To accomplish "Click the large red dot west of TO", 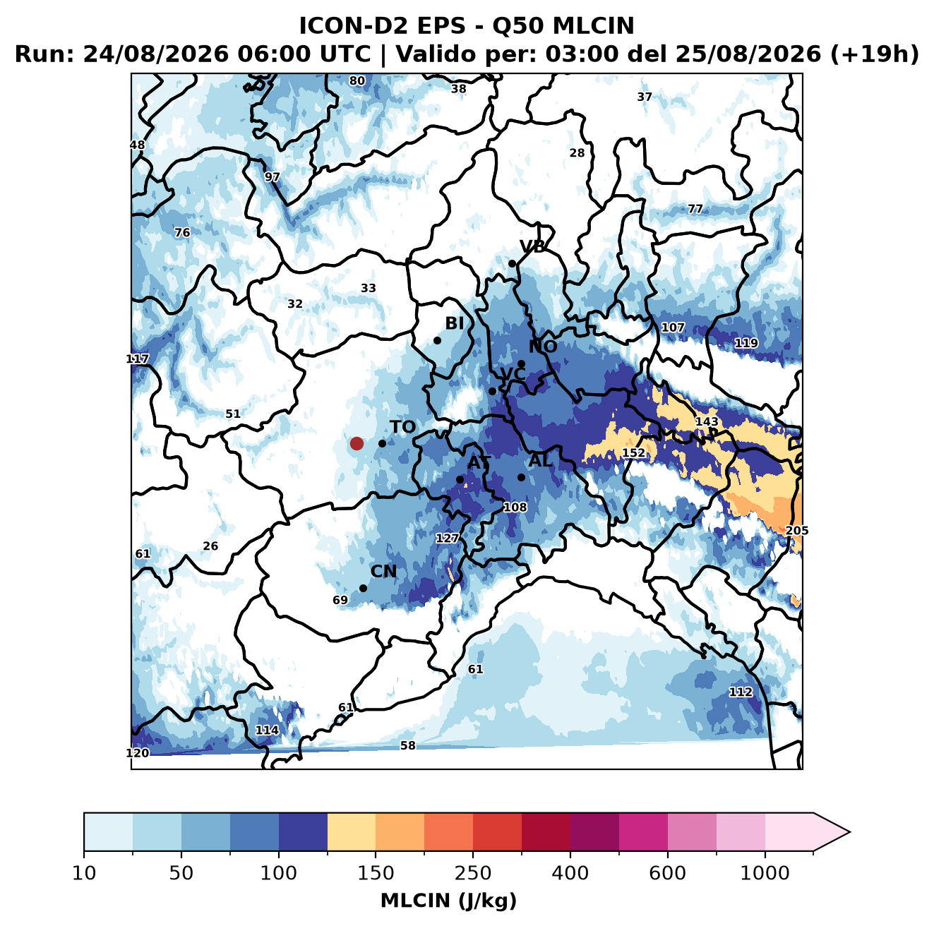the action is tap(357, 443).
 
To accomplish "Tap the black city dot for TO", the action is tap(382, 443).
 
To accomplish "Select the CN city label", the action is tap(383, 572).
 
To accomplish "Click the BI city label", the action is tap(454, 323).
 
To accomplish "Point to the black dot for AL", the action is tap(521, 477).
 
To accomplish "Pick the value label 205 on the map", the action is tap(797, 531).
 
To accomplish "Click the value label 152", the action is tap(633, 452).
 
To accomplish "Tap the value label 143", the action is tap(707, 421).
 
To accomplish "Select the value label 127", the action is tap(447, 539).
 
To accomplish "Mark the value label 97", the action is tap(272, 177).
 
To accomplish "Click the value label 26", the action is tap(210, 546).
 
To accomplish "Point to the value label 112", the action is tap(741, 692).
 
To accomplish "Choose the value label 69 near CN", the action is tap(340, 601).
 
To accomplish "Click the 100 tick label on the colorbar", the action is tap(279, 873).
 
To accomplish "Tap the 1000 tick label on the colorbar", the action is tap(765, 873).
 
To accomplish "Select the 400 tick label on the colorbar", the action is tap(570, 873).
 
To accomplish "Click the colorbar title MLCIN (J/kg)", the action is tap(449, 901).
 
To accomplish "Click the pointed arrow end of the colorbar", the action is tap(849, 832).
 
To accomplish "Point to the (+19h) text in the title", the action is tap(875, 54).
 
